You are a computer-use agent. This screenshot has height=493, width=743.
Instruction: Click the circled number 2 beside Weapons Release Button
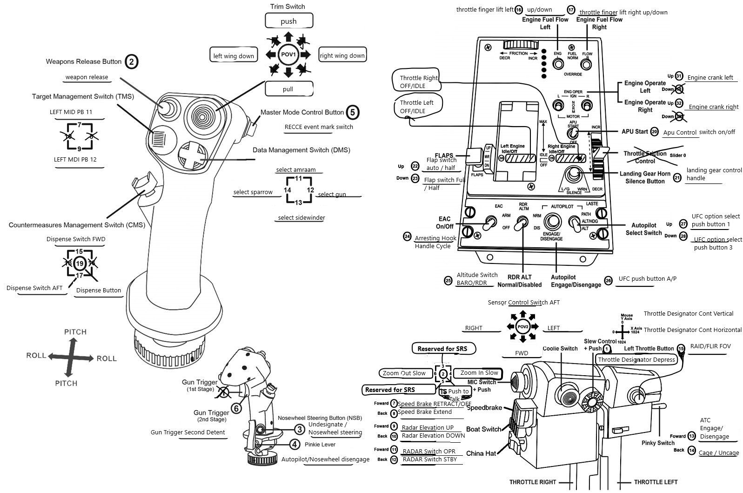(132, 61)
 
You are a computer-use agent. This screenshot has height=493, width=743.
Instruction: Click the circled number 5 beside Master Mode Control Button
(353, 112)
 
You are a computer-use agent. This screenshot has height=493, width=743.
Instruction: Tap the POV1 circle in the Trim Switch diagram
(288, 55)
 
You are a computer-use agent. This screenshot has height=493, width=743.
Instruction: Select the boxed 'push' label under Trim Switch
(288, 21)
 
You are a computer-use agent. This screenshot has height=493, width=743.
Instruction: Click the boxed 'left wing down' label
(234, 55)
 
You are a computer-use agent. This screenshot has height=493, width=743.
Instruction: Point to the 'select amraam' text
(296, 170)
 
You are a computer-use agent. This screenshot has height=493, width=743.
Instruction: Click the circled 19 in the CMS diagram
(80, 263)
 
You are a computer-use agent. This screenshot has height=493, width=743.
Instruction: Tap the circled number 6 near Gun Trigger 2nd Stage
(237, 408)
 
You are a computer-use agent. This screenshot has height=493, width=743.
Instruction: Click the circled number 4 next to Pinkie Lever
(295, 444)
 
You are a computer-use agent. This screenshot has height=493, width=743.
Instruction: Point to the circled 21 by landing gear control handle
(677, 177)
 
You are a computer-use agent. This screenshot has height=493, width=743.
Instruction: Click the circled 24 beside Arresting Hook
(407, 237)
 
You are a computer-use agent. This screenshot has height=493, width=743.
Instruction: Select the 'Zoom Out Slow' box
(404, 373)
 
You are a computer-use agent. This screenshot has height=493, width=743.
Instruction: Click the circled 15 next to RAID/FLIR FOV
(681, 348)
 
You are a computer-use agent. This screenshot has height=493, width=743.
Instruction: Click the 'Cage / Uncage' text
(718, 452)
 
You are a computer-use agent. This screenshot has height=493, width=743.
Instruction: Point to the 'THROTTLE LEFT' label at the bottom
(656, 482)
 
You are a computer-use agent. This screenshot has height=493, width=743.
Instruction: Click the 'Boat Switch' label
(483, 429)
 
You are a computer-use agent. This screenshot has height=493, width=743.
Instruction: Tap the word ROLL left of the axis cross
(36, 355)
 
